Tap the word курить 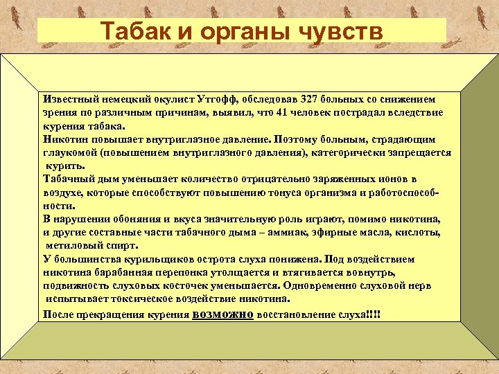(65, 166)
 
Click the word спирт (122, 245)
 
